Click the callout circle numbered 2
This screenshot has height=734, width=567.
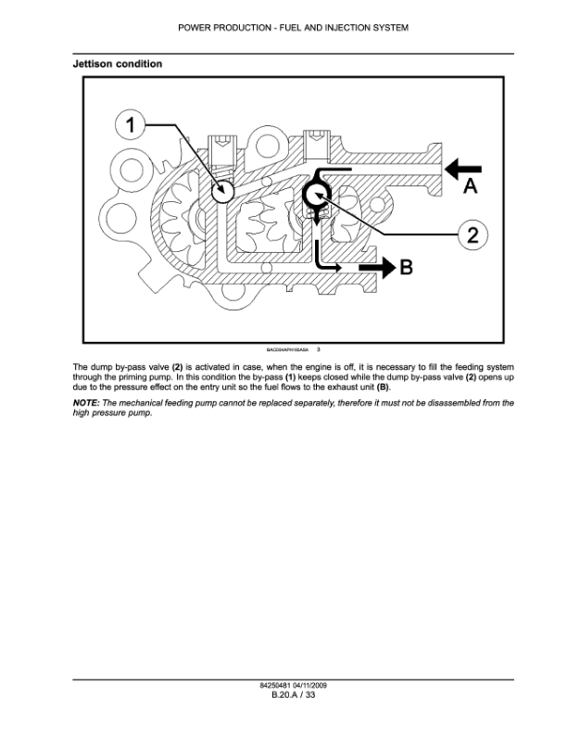[472, 234]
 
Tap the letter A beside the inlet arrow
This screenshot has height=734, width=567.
[470, 187]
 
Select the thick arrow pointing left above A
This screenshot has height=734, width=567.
[465, 168]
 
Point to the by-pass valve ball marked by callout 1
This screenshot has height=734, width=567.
[221, 191]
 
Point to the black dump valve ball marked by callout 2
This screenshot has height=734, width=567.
[315, 195]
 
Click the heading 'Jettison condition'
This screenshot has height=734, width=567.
[117, 64]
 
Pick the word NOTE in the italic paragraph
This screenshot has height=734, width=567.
[86, 404]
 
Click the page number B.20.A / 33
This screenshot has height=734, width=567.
[283, 694]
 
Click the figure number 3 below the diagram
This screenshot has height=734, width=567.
[318, 349]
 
